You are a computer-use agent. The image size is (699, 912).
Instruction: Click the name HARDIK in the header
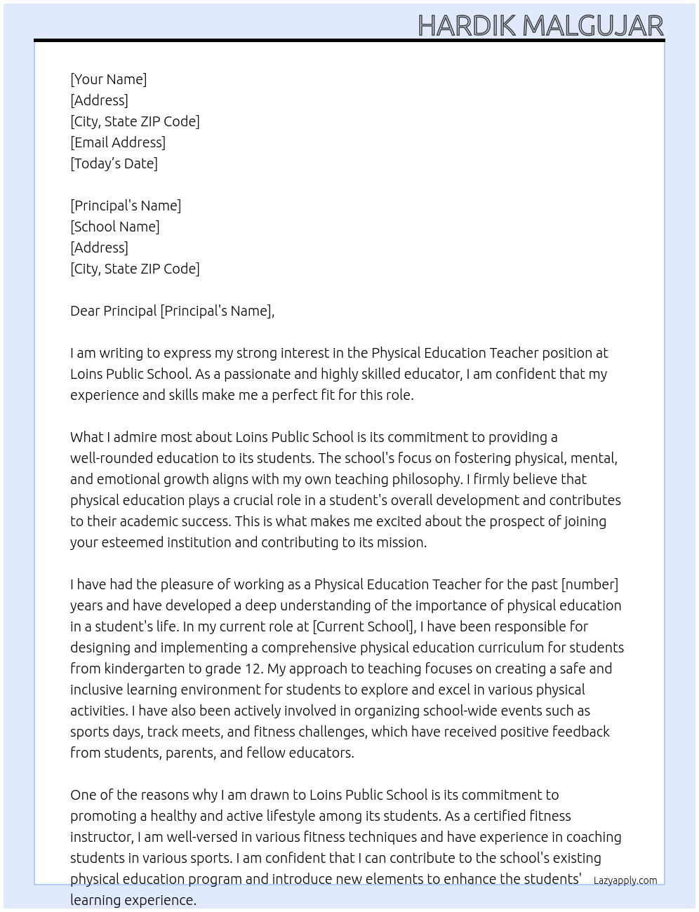[x=467, y=26]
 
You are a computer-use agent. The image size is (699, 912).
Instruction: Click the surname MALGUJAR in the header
[x=593, y=26]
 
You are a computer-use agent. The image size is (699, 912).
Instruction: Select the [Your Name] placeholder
[x=109, y=79]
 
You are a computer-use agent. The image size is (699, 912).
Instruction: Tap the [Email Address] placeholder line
[x=118, y=142]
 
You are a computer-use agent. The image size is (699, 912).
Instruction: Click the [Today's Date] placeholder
[x=114, y=163]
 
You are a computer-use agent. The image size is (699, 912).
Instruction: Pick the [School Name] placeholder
[x=115, y=227]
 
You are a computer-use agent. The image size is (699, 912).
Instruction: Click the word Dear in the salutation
[x=85, y=311]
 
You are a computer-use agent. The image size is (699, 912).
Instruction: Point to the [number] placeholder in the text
[x=590, y=584]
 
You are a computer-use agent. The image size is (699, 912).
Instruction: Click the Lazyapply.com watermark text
[x=625, y=880]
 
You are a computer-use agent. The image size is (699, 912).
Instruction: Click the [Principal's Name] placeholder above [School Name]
[x=126, y=206]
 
